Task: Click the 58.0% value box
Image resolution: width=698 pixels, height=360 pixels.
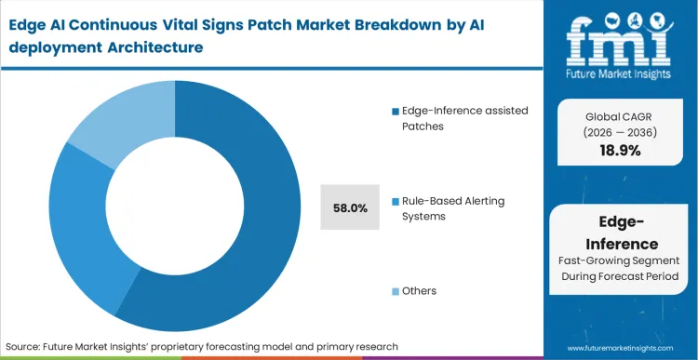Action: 350,207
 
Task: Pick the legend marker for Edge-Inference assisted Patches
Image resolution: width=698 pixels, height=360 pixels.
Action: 395,112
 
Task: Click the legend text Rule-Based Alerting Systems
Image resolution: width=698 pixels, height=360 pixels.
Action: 456,207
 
